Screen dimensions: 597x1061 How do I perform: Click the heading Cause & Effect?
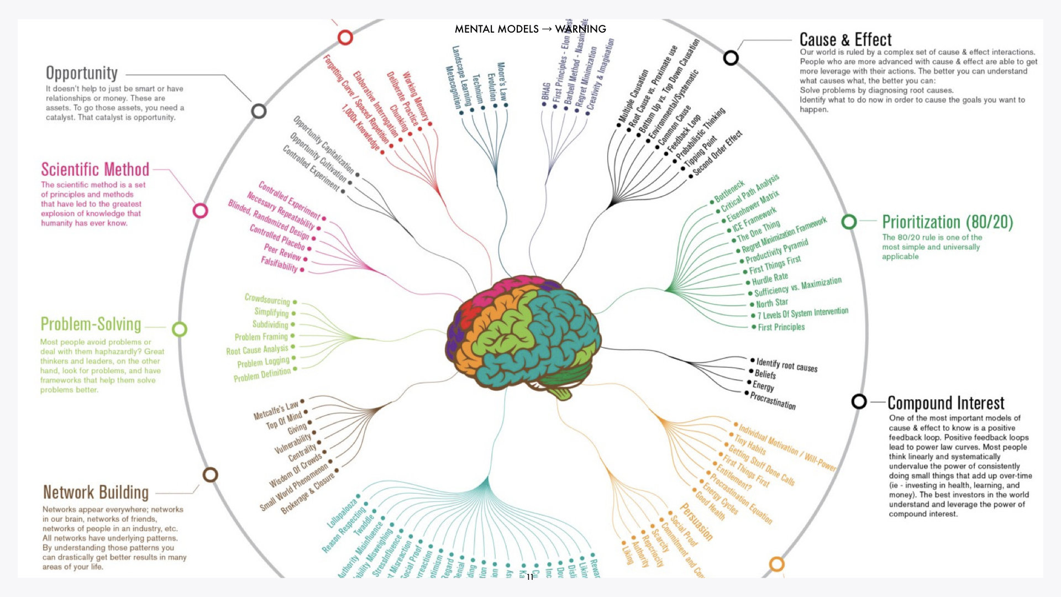(845, 40)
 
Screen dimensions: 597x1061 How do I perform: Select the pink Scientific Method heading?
(95, 169)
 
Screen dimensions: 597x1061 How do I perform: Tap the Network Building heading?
(96, 492)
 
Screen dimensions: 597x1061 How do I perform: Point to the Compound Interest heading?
(946, 402)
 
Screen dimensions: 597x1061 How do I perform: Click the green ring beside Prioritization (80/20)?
(849, 222)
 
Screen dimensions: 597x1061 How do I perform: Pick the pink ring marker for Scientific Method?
(200, 211)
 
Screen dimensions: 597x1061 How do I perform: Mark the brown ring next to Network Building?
(210, 475)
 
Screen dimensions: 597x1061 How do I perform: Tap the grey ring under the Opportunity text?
(259, 111)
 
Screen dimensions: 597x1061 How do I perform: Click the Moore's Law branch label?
(502, 81)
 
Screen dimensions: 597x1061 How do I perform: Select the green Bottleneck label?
(729, 191)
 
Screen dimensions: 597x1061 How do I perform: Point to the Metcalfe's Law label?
(276, 410)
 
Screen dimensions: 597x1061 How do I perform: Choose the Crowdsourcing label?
(267, 299)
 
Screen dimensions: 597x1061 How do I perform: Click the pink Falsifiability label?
(279, 264)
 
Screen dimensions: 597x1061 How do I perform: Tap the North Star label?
(771, 303)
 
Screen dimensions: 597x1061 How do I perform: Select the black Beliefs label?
(765, 374)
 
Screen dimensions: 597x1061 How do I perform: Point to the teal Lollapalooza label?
(342, 512)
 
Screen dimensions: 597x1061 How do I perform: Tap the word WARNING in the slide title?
(580, 29)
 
